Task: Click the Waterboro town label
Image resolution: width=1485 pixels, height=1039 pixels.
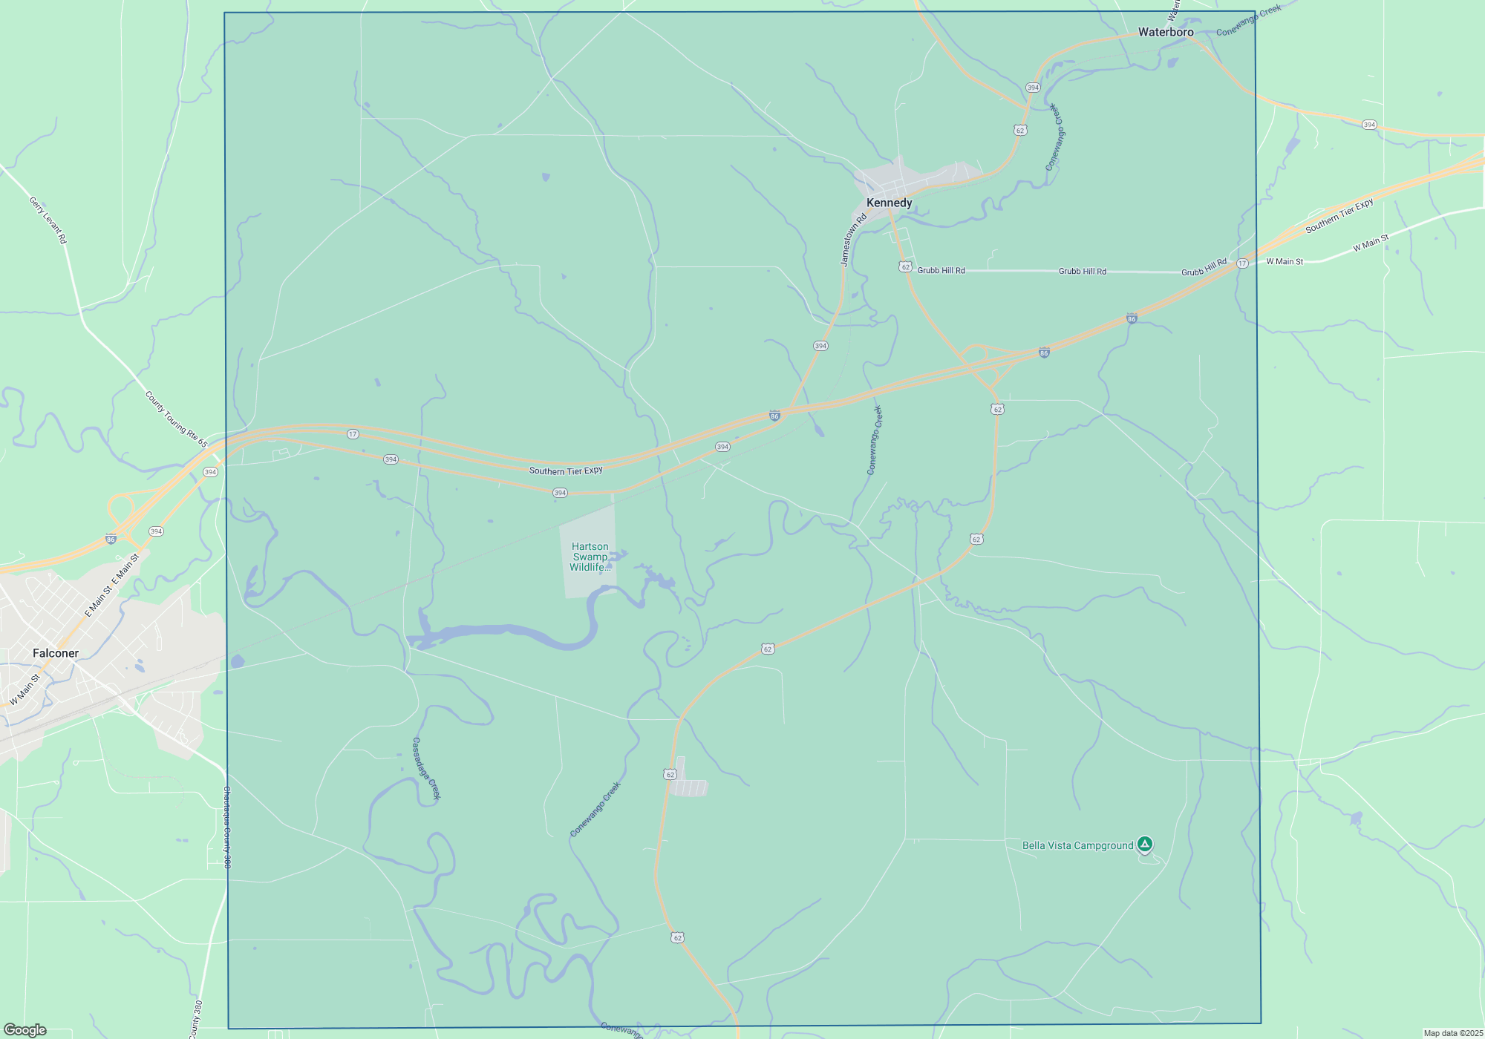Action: (1166, 32)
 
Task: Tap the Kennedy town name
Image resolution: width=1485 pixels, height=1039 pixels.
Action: (889, 203)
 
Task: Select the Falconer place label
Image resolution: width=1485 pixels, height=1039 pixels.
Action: (56, 653)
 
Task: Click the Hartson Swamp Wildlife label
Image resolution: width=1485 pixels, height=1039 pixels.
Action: (590, 557)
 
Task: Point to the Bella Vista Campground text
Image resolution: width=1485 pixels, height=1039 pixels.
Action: (1077, 845)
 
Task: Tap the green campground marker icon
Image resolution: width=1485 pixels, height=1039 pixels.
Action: (1145, 844)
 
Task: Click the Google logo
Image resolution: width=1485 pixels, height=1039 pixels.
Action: (25, 1030)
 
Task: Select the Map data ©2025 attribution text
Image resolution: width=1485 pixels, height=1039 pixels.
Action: (1453, 1033)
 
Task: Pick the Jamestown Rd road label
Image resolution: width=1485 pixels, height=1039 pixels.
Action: (853, 240)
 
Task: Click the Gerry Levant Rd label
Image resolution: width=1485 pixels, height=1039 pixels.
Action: (48, 220)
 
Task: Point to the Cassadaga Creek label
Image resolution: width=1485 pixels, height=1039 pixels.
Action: (427, 769)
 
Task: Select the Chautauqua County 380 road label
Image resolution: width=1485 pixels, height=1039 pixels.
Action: (227, 827)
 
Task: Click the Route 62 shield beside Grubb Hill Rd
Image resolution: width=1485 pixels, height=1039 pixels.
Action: (905, 267)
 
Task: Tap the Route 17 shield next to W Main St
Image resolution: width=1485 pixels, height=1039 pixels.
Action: (1242, 263)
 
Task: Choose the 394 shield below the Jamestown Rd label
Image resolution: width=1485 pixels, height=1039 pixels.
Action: (820, 346)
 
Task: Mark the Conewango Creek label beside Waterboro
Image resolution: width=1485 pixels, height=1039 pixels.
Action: (1248, 21)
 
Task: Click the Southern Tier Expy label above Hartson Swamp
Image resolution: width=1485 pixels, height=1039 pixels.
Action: (566, 471)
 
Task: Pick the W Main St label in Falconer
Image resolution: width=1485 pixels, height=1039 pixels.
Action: (25, 689)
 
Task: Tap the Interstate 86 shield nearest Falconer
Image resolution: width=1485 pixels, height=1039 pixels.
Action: (111, 540)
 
